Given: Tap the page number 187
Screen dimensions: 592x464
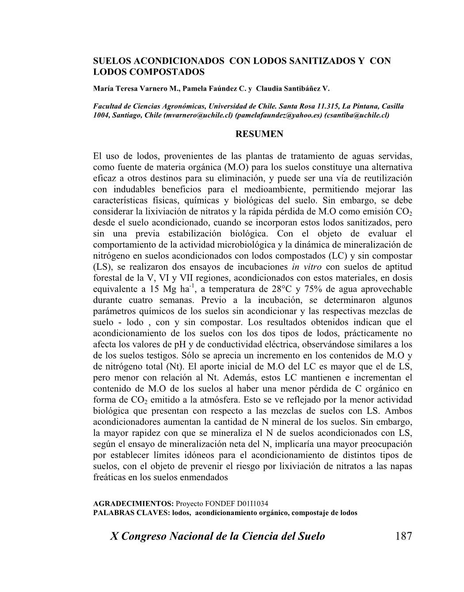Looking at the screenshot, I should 403,536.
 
